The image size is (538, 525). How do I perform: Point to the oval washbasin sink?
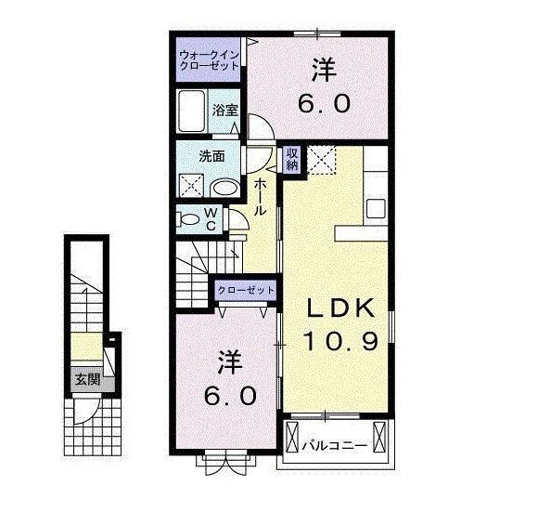tap(223, 187)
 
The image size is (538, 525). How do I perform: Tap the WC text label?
tap(211, 219)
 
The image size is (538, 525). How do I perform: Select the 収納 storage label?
tap(291, 159)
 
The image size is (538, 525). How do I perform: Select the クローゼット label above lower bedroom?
tap(246, 291)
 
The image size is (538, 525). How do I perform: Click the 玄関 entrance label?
tap(87, 378)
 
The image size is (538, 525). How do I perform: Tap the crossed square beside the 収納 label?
tap(322, 160)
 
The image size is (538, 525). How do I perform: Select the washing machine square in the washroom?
tap(192, 183)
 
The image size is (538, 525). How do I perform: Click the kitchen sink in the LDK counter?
tap(377, 205)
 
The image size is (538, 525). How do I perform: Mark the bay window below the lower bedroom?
tap(224, 458)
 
